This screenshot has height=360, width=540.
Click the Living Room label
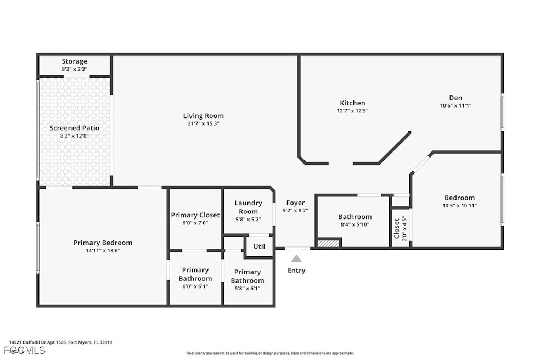[x=203, y=116]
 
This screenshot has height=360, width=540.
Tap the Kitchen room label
[x=352, y=103]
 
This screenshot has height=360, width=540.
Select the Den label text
[x=455, y=98]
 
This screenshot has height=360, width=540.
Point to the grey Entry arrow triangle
[x=296, y=258]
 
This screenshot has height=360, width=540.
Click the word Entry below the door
[x=296, y=271]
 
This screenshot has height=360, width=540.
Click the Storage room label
[x=74, y=61]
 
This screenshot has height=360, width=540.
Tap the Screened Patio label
[x=74, y=128]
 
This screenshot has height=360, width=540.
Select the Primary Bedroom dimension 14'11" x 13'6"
[x=103, y=250]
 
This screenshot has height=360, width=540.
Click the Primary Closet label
[x=195, y=215]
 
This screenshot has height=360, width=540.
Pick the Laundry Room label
[x=249, y=207]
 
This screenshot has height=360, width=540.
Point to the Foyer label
[x=295, y=203]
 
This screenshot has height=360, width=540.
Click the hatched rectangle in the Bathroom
[x=329, y=243]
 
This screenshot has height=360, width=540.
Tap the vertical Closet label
[x=396, y=229]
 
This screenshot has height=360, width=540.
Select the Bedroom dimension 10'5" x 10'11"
[x=459, y=206]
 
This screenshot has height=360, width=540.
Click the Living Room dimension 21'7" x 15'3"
[x=203, y=123]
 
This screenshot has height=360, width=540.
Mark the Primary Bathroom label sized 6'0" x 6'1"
[x=195, y=274]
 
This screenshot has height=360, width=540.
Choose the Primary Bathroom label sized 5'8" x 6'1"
[x=247, y=276]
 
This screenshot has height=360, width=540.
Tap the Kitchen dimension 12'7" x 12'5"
[x=352, y=111]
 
